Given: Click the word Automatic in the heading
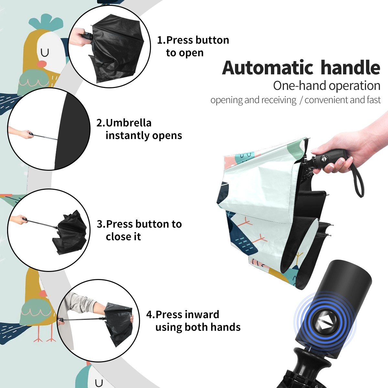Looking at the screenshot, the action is pos(268,68).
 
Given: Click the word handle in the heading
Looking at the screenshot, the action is pos(350,67).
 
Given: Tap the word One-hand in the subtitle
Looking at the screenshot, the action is pos(300,86).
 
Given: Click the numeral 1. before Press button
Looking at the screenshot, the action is pos(161,40).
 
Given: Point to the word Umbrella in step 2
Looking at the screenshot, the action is pos(128,123).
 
